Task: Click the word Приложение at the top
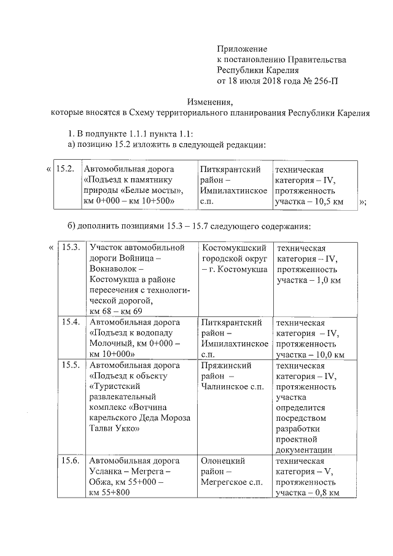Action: [x=243, y=49]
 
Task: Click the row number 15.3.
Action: [x=71, y=248]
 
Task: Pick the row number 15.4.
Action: [x=71, y=322]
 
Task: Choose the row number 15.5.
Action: [x=71, y=366]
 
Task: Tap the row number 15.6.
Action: [x=71, y=461]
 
